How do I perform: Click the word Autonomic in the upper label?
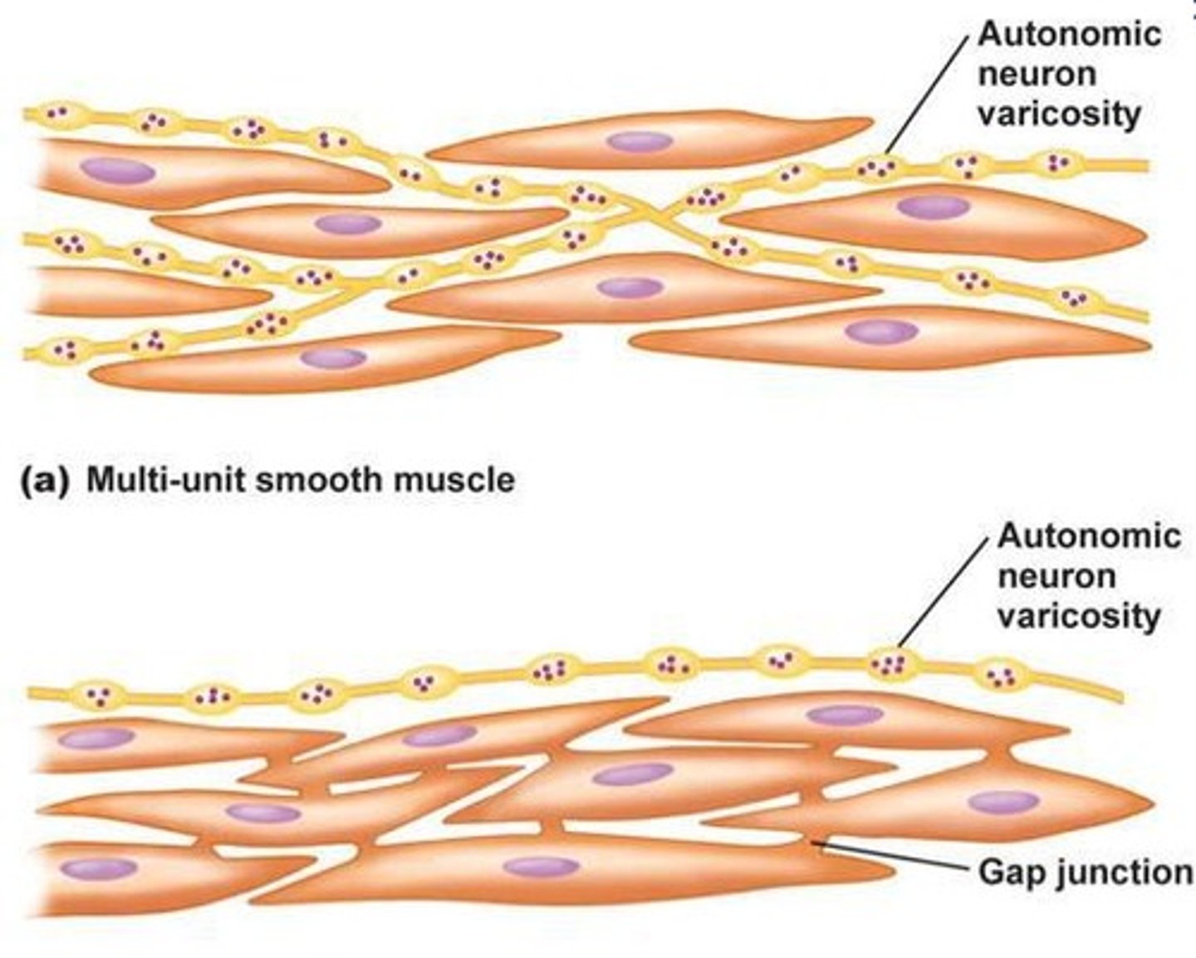(x=1070, y=34)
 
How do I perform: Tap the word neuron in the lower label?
(x=1056, y=575)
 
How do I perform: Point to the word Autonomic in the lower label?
(x=1089, y=535)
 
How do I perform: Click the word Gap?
(x=1007, y=872)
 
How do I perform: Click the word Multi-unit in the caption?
(x=165, y=479)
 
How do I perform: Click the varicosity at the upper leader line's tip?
(x=876, y=169)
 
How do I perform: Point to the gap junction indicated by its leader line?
(x=816, y=843)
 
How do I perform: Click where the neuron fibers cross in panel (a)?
(x=645, y=217)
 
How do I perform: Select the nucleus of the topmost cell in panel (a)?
(x=639, y=141)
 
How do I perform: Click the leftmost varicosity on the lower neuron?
(x=97, y=696)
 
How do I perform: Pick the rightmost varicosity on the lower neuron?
(x=1000, y=674)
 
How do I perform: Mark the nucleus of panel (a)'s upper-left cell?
(x=117, y=170)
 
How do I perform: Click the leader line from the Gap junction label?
(x=897, y=858)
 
